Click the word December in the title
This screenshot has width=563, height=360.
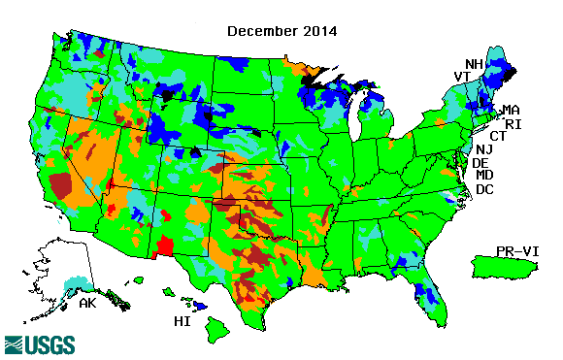[261, 31]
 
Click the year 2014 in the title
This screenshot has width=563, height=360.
[318, 31]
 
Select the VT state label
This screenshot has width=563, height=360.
[463, 78]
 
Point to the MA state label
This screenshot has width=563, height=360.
[511, 111]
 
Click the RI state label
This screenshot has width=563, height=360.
[513, 124]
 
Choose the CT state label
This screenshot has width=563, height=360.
[498, 137]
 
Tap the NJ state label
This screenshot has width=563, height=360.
[484, 149]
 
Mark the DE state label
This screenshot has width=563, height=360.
[480, 163]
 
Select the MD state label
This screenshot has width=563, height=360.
[484, 176]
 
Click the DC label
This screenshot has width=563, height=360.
[484, 189]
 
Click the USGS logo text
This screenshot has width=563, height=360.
[49, 344]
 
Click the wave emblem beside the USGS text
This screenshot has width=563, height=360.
[15, 344]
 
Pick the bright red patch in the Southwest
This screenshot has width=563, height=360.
[165, 245]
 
